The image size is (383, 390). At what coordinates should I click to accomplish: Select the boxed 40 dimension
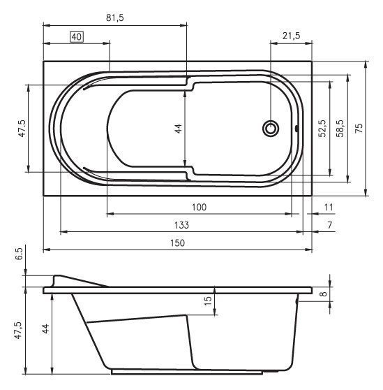[x=77, y=36]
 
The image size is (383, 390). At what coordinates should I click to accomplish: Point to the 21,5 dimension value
[x=292, y=36]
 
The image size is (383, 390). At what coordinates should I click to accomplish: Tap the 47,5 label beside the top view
[x=22, y=128]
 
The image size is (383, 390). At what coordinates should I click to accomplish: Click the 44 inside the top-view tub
[x=178, y=128]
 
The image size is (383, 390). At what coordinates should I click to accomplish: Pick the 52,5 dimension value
[x=322, y=128]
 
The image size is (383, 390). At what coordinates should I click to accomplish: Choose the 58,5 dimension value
[x=340, y=128]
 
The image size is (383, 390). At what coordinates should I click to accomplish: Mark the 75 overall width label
[x=359, y=128]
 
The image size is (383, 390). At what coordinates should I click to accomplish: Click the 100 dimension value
[x=200, y=207]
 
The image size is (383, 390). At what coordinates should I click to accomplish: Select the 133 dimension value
[x=181, y=225]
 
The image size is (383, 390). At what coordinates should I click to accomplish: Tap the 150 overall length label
[x=177, y=243]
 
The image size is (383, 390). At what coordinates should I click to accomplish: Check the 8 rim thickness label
[x=342, y=294]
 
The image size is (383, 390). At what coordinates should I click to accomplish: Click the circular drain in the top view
[x=270, y=128]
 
